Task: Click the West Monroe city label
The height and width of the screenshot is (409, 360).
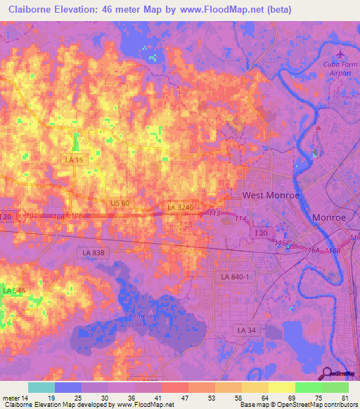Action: click(x=271, y=195)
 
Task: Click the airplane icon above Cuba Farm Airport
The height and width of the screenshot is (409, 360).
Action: click(x=342, y=53)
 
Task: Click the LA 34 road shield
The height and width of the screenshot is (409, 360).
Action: click(x=245, y=330)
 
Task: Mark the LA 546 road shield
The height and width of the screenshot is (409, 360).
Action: click(x=13, y=290)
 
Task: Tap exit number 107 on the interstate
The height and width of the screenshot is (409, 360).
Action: click(x=31, y=215)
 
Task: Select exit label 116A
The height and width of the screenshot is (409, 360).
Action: click(x=312, y=249)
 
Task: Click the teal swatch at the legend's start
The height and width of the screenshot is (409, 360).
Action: click(x=41, y=387)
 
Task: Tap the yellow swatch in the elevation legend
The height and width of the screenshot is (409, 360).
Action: click(x=281, y=387)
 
